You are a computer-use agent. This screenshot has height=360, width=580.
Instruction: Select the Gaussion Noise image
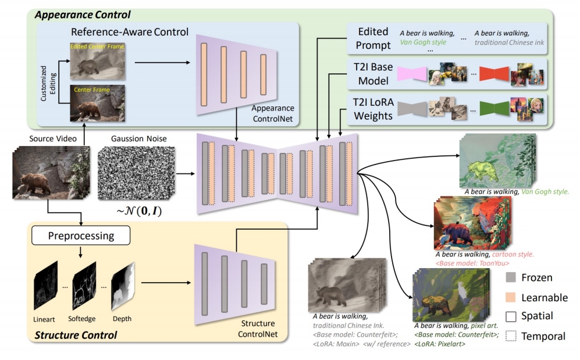pyautogui.click(x=133, y=173)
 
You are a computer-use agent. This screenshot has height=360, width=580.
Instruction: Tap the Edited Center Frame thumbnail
pyautogui.click(x=97, y=60)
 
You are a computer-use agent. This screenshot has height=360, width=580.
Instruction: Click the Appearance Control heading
pyautogui.click(x=83, y=14)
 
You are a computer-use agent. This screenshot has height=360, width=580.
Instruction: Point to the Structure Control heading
pyautogui.click(x=76, y=335)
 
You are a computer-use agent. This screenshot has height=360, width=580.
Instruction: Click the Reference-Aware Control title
pyautogui.click(x=129, y=31)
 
